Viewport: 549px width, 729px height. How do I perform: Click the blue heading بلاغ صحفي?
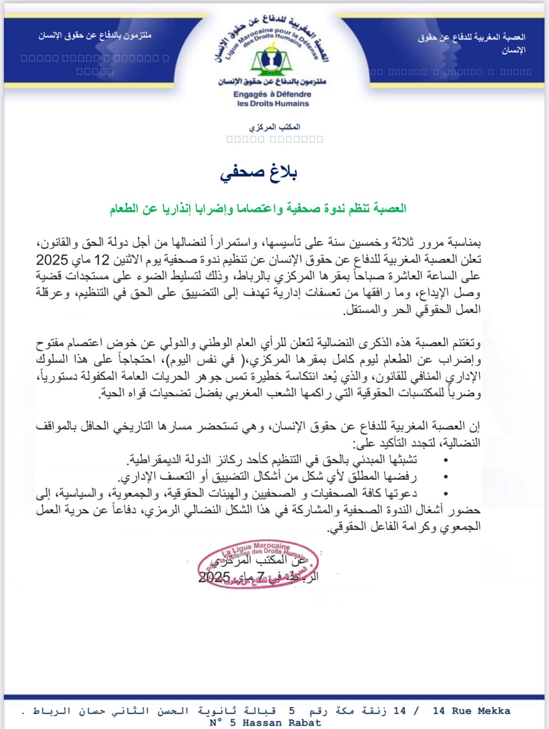tap(259, 174)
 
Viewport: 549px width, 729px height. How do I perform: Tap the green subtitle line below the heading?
tap(258, 209)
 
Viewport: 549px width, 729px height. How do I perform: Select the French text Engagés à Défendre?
tap(272, 94)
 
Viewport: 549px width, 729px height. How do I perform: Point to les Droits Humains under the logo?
tap(273, 103)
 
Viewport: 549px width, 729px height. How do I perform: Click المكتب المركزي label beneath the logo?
tap(275, 127)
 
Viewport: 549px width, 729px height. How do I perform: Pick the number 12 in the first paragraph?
tap(102, 260)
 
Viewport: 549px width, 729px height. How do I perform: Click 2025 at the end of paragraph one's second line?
tap(52, 260)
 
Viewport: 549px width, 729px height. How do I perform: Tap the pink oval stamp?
tap(253, 565)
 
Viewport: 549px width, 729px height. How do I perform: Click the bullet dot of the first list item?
tap(445, 460)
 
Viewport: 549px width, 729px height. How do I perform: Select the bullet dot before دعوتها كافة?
tap(445, 493)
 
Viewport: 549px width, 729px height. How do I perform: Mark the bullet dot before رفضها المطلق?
tap(445, 477)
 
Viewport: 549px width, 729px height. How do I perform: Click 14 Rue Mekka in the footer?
tap(471, 711)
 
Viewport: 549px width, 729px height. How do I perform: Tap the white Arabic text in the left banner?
tap(95, 36)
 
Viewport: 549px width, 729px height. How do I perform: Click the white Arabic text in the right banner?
tap(471, 43)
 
